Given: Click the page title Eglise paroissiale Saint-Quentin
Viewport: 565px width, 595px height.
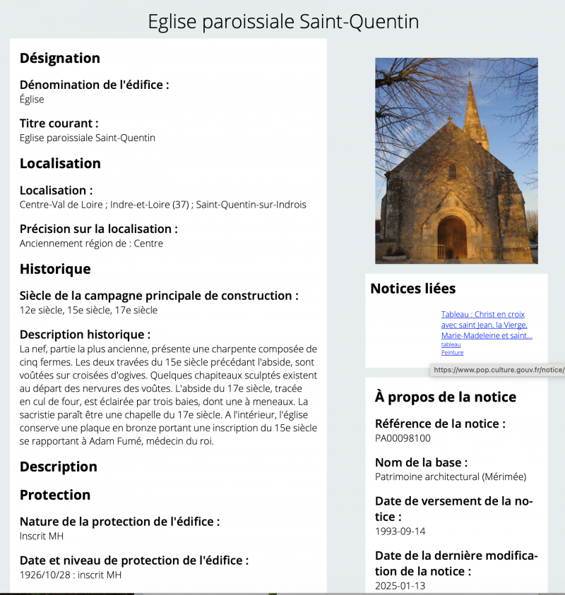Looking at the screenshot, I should coord(282,21).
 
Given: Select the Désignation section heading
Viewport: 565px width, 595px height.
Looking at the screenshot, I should coord(60,58).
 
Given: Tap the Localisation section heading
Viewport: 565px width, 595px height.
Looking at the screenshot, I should coord(60,163).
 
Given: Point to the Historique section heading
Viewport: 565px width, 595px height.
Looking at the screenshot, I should coord(55,269).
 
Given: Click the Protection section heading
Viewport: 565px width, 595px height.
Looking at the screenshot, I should coord(55,495).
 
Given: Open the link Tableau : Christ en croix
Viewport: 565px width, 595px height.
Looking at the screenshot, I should coord(483,314).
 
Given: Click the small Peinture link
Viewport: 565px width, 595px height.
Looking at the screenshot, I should coord(452,352).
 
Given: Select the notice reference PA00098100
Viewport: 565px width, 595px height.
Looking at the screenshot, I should coord(403,438).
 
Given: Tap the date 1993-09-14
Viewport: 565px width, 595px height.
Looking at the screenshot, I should coord(400,531).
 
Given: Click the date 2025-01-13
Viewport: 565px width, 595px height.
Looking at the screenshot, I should coord(400,586).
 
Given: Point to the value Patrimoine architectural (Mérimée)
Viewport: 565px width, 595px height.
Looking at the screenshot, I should coord(451,476).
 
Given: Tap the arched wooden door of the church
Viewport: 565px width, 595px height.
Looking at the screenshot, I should coord(452,236).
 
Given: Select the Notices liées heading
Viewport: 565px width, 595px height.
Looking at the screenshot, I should coord(413,288).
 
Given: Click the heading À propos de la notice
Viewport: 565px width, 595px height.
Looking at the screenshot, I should coord(446,397).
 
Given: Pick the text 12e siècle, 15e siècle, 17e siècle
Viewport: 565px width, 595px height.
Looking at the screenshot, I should coord(88,310).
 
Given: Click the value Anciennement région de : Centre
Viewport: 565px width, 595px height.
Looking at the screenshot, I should coord(91,244).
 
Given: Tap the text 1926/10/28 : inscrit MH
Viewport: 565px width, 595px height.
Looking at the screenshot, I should coord(71,575).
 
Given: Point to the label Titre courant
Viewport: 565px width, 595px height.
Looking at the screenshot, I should coord(59,124).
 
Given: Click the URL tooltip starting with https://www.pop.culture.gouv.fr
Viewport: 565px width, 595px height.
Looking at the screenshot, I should coord(498,370).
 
